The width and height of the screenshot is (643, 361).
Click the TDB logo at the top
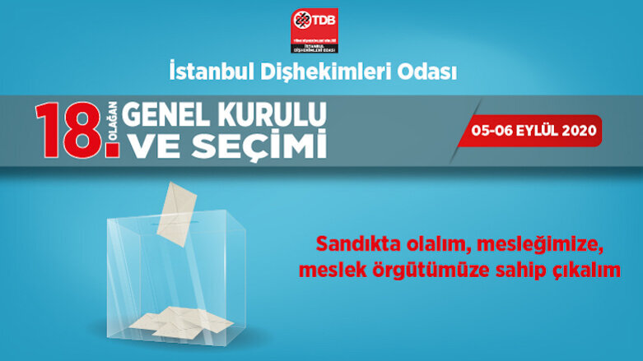[315, 31]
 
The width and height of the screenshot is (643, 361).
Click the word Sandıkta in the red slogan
[351, 245]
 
